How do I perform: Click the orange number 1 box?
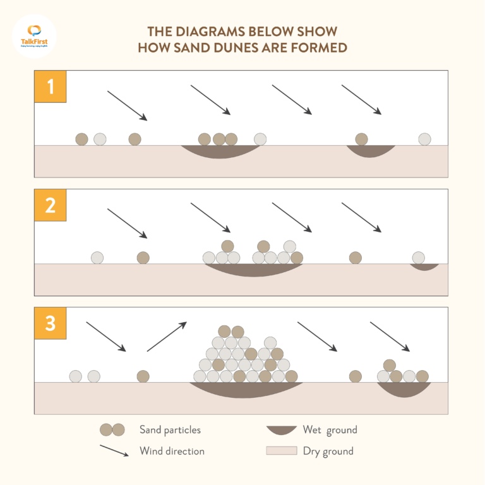[x=50, y=87]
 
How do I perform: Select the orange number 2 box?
[x=50, y=205]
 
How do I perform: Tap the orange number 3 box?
[x=50, y=323]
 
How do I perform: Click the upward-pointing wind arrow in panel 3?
[x=167, y=337]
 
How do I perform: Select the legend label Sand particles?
[x=170, y=430]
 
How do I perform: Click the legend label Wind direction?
[x=172, y=451]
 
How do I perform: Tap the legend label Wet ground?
[x=330, y=430]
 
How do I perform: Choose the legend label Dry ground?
[x=328, y=451]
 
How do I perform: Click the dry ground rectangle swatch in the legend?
[x=281, y=451]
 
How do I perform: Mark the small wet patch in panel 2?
[x=424, y=266]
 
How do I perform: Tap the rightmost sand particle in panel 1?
[x=424, y=139]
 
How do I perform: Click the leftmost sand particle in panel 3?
[x=76, y=376]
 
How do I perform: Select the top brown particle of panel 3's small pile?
[x=390, y=365]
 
